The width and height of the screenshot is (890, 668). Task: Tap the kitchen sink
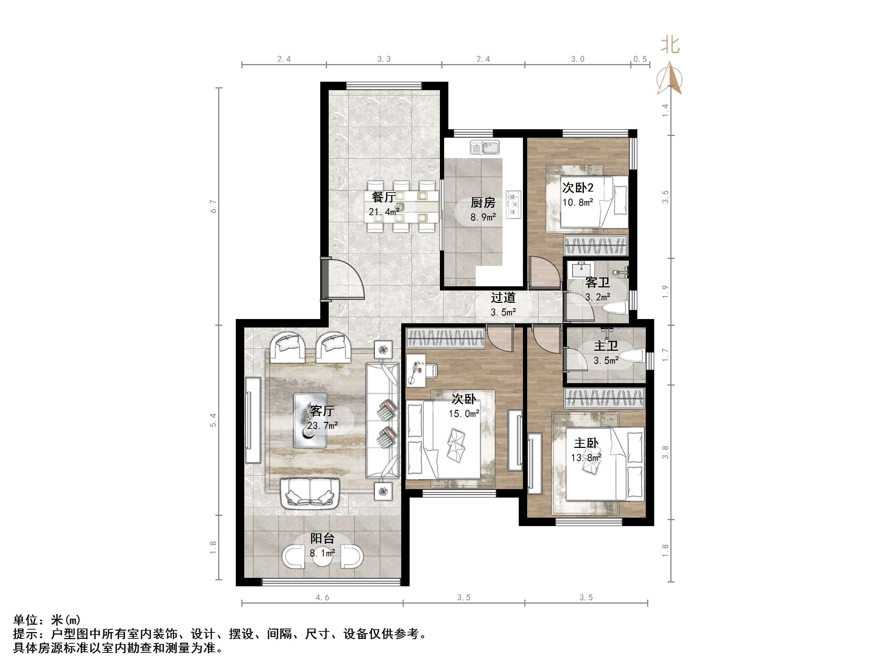point(485,148)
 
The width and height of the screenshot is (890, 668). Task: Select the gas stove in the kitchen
point(513,205)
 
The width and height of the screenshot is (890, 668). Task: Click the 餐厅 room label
point(384,197)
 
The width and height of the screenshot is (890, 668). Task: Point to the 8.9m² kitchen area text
point(483,217)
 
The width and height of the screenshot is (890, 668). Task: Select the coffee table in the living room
point(310,420)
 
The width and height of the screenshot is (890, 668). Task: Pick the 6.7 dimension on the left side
point(214,207)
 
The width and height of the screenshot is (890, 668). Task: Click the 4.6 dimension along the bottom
point(322,598)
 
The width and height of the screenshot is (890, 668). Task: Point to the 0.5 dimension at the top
point(640,59)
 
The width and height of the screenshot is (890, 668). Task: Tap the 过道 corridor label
point(503,298)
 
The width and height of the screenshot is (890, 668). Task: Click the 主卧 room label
point(586,443)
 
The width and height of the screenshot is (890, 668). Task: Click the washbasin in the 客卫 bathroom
point(581,268)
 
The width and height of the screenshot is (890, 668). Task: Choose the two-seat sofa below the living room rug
point(310,494)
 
